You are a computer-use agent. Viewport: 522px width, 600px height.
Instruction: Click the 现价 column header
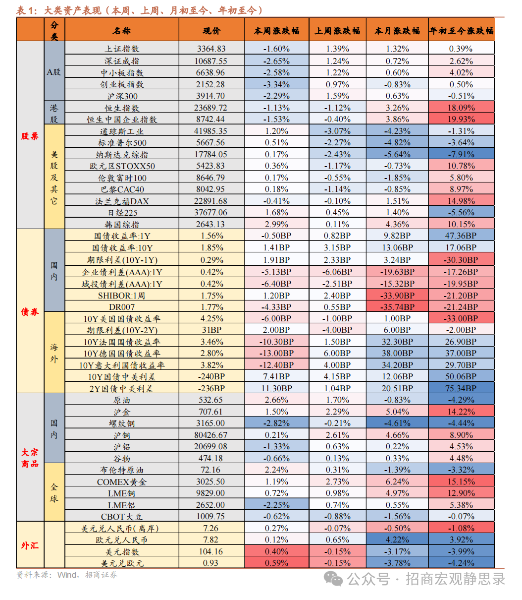[x=211, y=31]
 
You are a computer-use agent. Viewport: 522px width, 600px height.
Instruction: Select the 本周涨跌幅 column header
[x=277, y=31]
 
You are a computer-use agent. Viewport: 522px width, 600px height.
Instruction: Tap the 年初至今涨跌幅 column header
[x=461, y=31]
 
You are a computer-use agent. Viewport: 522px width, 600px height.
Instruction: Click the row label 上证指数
[x=122, y=49]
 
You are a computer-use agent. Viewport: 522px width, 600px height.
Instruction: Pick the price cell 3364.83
[x=211, y=49]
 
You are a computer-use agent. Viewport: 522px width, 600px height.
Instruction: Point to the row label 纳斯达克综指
[x=122, y=155]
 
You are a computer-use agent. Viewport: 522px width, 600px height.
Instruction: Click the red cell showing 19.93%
[x=461, y=120]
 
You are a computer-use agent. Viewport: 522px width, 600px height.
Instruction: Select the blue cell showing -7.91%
[x=461, y=155]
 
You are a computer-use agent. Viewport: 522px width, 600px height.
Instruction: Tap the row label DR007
[x=122, y=307]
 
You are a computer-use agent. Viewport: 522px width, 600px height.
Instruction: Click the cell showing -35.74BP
[x=397, y=307]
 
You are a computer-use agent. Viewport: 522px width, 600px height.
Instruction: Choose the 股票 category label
[x=30, y=136]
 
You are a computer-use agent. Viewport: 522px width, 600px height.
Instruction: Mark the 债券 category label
[x=30, y=312]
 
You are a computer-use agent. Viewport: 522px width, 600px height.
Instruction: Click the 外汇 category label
[x=30, y=545]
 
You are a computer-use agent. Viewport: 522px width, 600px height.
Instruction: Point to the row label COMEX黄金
[x=122, y=482]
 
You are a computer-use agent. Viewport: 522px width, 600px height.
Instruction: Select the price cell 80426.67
[x=211, y=435]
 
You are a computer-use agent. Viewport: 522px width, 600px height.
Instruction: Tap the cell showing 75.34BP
[x=461, y=389]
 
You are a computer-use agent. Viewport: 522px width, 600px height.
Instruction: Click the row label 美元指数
[x=122, y=552]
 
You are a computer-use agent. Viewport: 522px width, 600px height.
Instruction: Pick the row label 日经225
[x=122, y=213]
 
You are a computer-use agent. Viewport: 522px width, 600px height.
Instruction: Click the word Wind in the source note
[x=67, y=575]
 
